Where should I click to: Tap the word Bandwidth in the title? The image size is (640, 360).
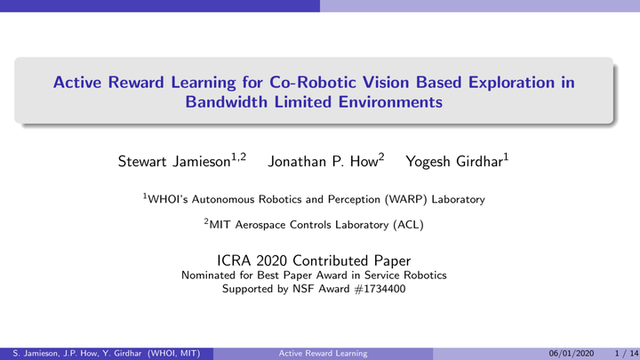click(x=226, y=102)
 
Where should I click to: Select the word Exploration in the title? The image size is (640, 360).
click(x=511, y=83)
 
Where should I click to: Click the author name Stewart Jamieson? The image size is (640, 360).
click(x=174, y=162)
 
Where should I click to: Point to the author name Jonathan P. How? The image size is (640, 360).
click(x=323, y=162)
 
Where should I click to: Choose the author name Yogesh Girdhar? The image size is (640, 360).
click(x=454, y=162)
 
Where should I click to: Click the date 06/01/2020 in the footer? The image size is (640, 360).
click(x=571, y=354)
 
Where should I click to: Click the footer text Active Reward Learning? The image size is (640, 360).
click(x=323, y=354)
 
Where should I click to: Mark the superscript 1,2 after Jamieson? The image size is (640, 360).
click(x=239, y=156)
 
